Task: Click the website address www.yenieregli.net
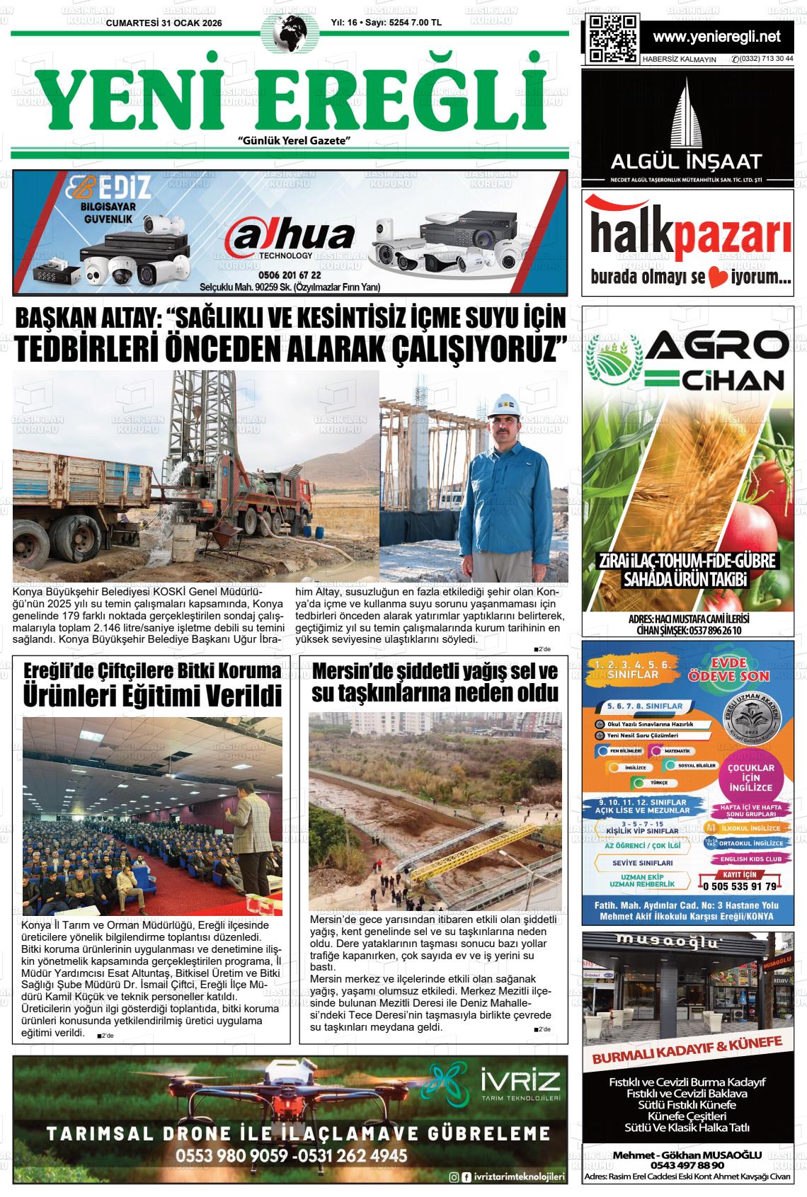point(716,36)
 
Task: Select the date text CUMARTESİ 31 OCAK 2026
point(164,23)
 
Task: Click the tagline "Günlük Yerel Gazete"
point(296,142)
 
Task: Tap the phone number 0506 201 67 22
point(290,275)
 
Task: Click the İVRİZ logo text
point(520,1082)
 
